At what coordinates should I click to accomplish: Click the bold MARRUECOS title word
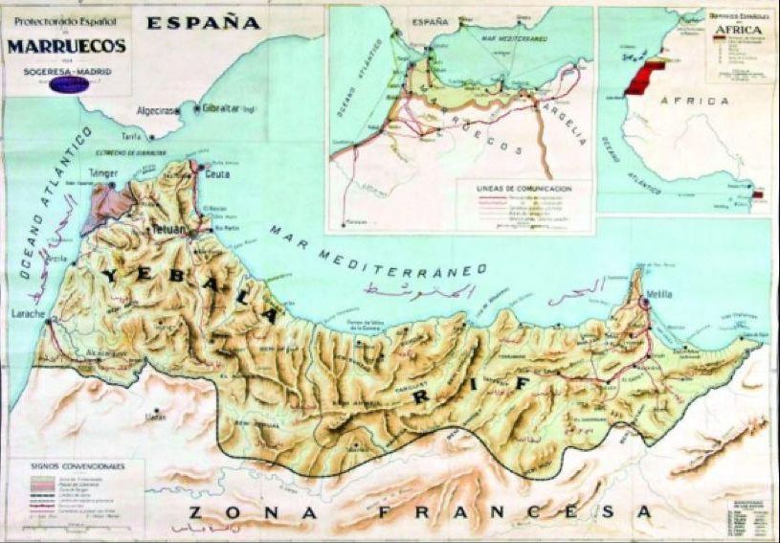pyautogui.click(x=66, y=45)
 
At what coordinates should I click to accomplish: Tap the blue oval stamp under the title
pyautogui.click(x=69, y=84)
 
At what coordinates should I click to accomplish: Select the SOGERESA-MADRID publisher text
pyautogui.click(x=66, y=70)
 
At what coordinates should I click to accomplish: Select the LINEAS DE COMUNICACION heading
pyautogui.click(x=524, y=190)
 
